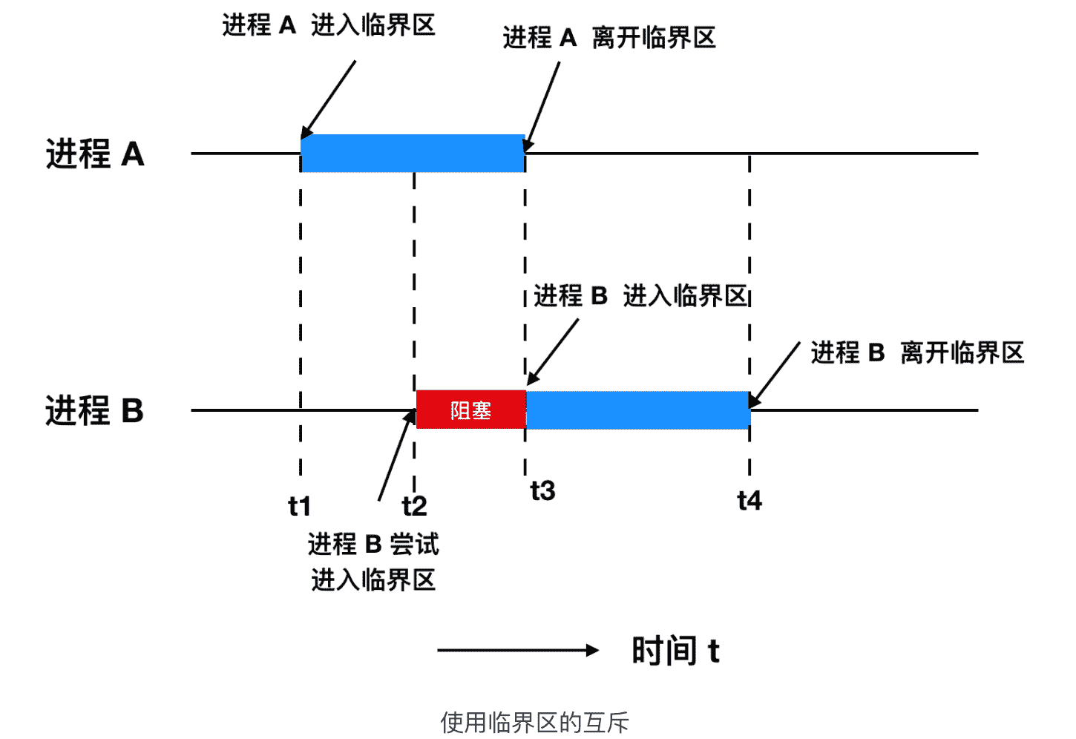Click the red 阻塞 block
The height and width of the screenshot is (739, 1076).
pos(470,410)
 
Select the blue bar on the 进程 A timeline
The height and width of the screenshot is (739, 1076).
pos(413,154)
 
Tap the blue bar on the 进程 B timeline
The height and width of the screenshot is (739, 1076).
pos(638,410)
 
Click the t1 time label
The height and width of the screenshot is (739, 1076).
pos(299,506)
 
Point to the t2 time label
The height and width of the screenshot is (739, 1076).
pos(414,506)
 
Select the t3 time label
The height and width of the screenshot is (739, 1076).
pos(542,490)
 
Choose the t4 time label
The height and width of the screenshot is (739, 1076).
pos(749,501)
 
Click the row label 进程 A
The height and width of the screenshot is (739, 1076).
pos(95,154)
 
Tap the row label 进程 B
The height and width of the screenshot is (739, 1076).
pos(94,410)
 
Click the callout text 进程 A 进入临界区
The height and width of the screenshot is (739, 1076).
pos(329,25)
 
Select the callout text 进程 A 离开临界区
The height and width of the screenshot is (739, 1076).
pos(609,37)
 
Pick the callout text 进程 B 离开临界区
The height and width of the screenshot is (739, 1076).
pos(917,352)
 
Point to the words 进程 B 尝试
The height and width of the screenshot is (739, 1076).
pos(373,544)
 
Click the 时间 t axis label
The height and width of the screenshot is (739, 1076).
pos(675,651)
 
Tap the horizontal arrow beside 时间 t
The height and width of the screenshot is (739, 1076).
pos(518,651)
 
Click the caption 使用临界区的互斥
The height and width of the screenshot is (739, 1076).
pos(534,722)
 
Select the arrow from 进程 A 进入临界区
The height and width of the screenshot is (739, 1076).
pos(329,99)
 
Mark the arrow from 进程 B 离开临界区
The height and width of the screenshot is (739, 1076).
pos(774,375)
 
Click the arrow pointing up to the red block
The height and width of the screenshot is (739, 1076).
pos(396,456)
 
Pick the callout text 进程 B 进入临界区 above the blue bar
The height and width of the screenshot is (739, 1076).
pos(640,295)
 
